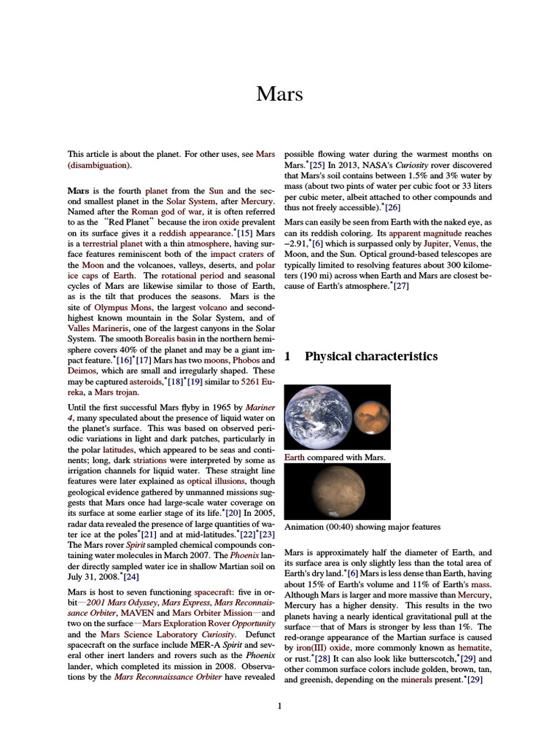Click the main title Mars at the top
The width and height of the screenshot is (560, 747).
pos(279,95)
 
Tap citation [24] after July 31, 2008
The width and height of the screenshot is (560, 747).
pos(131,576)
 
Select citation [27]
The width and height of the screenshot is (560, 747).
pos(401,287)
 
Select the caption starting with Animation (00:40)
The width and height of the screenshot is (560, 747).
pos(362,527)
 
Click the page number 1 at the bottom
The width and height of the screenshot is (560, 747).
pos(279,705)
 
